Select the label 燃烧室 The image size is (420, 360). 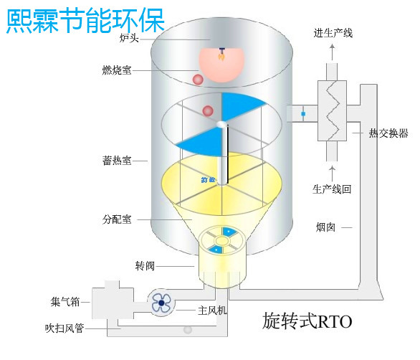click(117, 70)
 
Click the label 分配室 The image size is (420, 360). click(116, 219)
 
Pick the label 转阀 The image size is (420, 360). click(145, 266)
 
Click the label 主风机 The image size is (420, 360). click(212, 311)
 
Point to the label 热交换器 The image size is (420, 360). click(388, 133)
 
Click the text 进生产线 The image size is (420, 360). click(333, 34)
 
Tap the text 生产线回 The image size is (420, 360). click(332, 190)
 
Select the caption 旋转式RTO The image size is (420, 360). click(307, 319)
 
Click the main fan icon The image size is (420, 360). click(161, 303)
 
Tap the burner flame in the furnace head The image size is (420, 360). click(223, 57)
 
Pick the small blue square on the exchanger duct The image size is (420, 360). click(303, 114)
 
